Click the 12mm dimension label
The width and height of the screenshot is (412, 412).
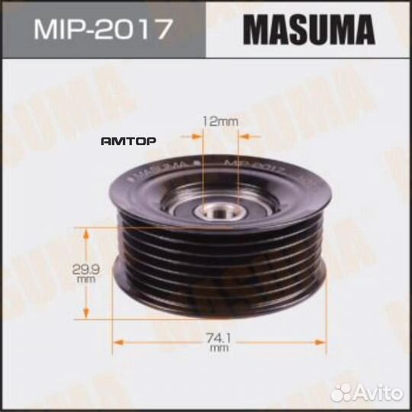pos(220,120)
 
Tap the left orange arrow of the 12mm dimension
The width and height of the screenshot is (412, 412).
pos(195,135)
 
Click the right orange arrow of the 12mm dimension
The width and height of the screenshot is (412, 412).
pos(246,135)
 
